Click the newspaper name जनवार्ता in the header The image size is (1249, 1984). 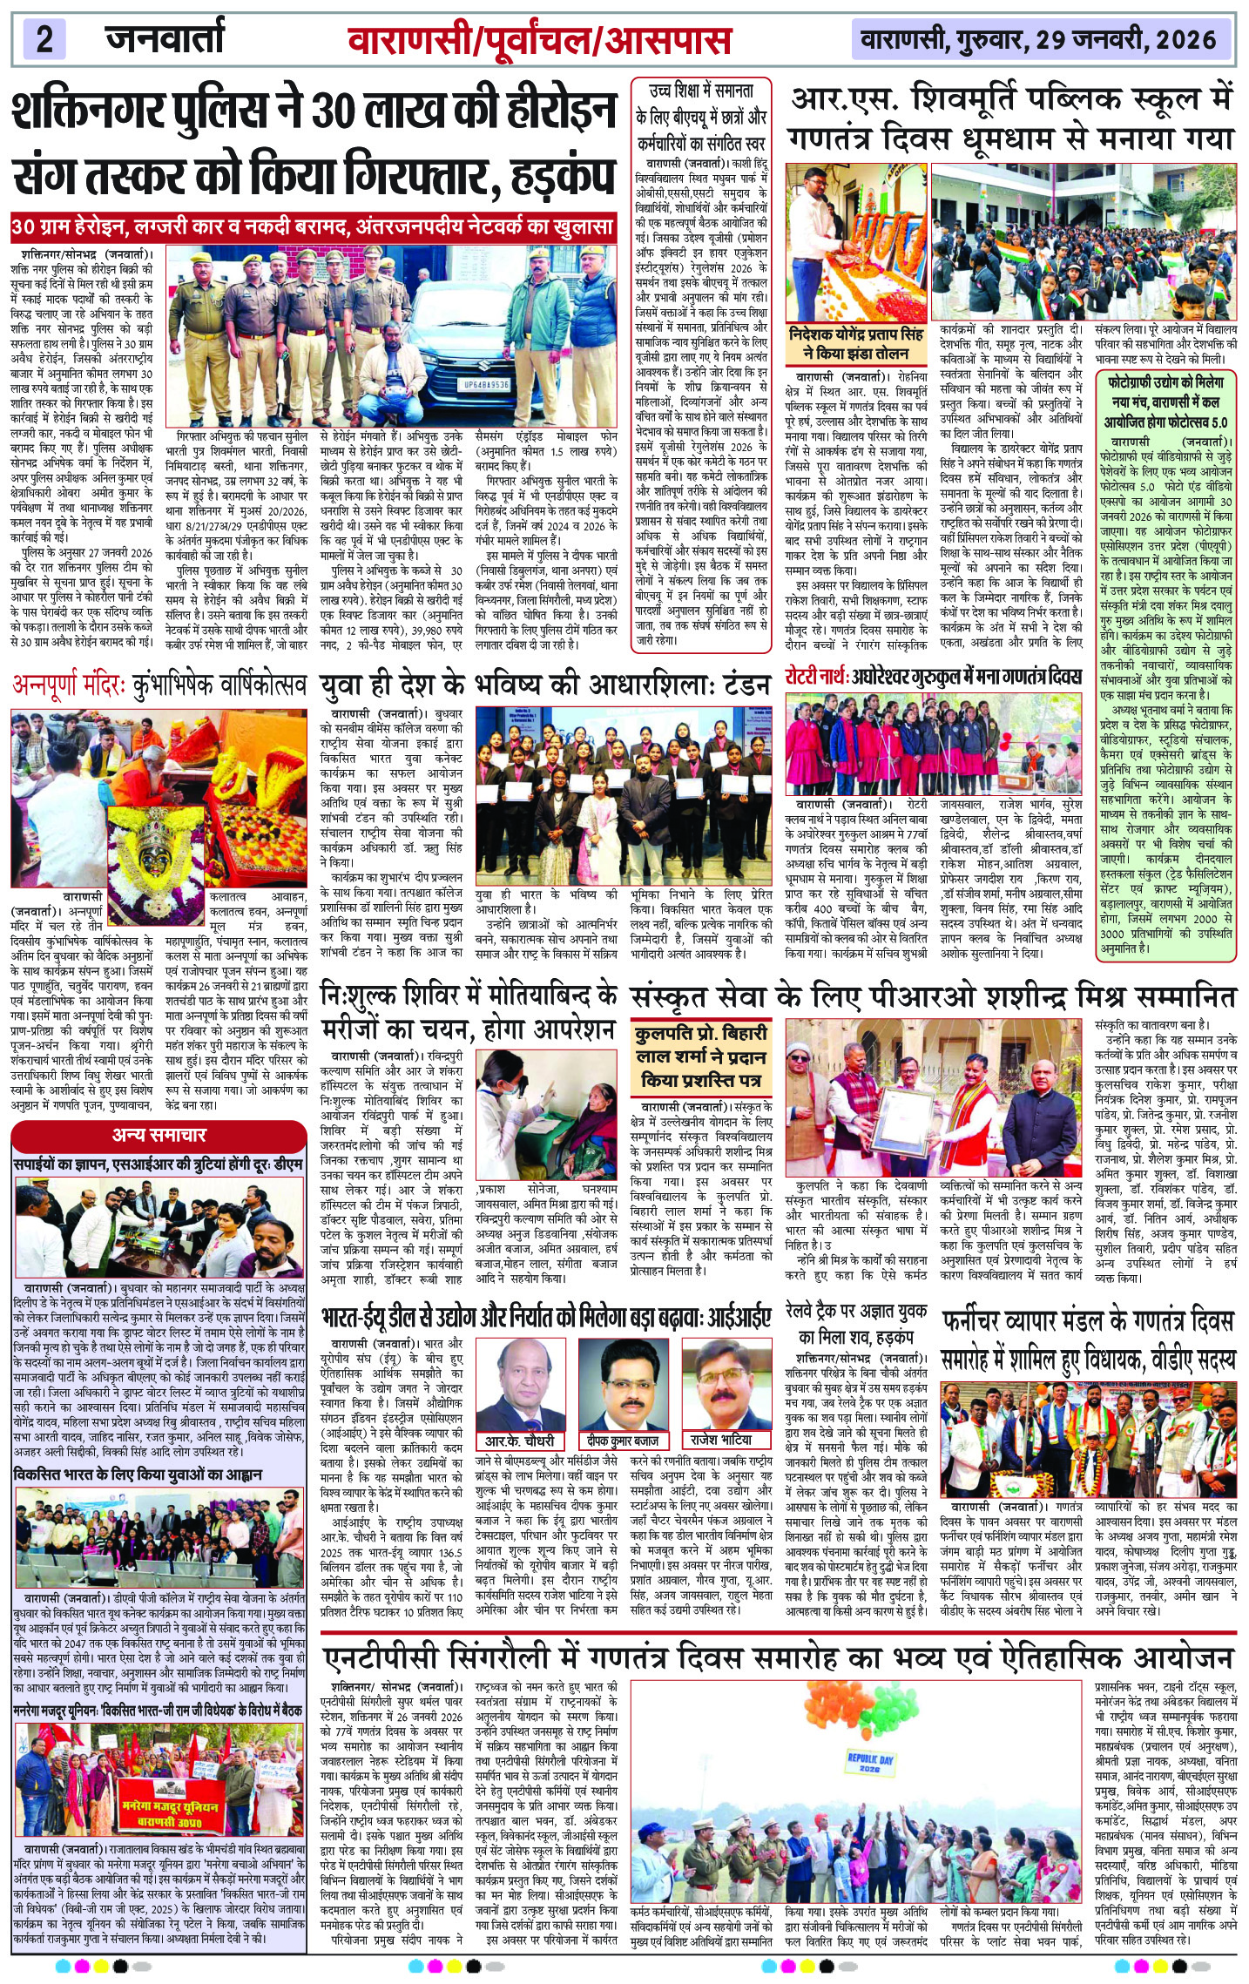(165, 39)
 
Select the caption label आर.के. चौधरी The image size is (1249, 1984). (520, 1440)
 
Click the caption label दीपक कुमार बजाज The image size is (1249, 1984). (622, 1441)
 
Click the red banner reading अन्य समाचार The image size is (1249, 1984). (159, 1135)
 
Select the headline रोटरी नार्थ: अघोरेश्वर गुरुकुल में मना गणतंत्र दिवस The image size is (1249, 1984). (934, 677)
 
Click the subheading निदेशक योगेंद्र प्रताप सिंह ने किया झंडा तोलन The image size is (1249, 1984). (857, 343)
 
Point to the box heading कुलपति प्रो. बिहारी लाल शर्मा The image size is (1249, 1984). (700, 1056)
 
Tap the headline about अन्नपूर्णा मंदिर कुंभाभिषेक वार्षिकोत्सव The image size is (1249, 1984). (159, 685)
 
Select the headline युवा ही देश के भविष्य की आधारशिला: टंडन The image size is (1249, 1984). (545, 685)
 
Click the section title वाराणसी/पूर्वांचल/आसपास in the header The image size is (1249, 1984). (539, 41)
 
